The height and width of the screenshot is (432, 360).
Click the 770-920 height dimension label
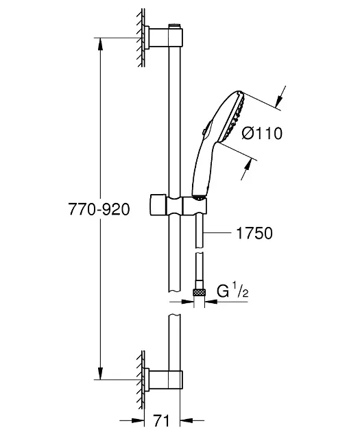pos(99,209)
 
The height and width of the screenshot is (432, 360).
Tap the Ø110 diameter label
pos(262,133)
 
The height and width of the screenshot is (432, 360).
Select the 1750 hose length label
pos(254,233)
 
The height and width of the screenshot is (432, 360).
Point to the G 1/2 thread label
pos(232,291)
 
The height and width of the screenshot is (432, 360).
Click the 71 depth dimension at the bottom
pos(161,420)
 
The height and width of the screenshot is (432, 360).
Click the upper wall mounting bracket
pos(163,36)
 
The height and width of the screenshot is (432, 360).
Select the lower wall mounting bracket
pos(163,380)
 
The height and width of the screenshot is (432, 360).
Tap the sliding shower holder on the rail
pos(178,205)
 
